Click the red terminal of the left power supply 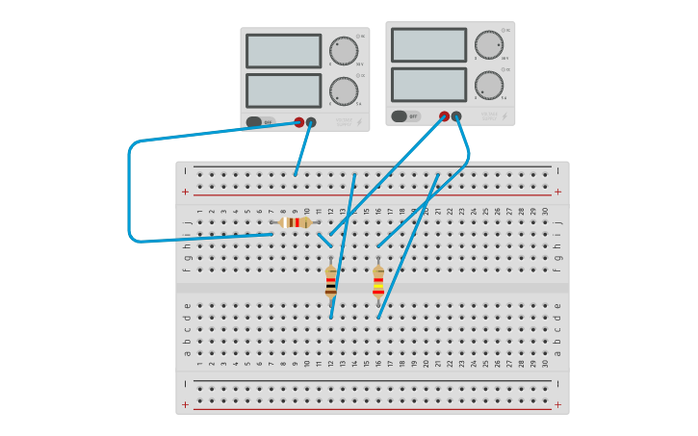(x=298, y=122)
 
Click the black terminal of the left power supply (x=311, y=122)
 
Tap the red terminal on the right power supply (x=444, y=116)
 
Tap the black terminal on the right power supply (x=456, y=116)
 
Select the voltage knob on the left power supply (x=344, y=51)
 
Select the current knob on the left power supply (x=344, y=90)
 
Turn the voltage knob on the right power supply (x=489, y=45)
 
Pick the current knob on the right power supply (x=489, y=85)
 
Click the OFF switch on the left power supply (x=260, y=122)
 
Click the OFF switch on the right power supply (x=405, y=116)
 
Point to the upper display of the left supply (x=283, y=51)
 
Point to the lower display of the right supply (x=428, y=85)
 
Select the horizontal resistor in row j (x=296, y=222)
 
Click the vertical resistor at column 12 (x=331, y=283)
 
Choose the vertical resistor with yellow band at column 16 (x=378, y=283)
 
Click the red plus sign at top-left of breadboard (x=185, y=192)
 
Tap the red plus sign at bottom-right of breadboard (x=557, y=405)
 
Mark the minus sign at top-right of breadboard (x=557, y=170)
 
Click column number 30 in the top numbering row (x=545, y=212)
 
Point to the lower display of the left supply (x=283, y=90)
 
